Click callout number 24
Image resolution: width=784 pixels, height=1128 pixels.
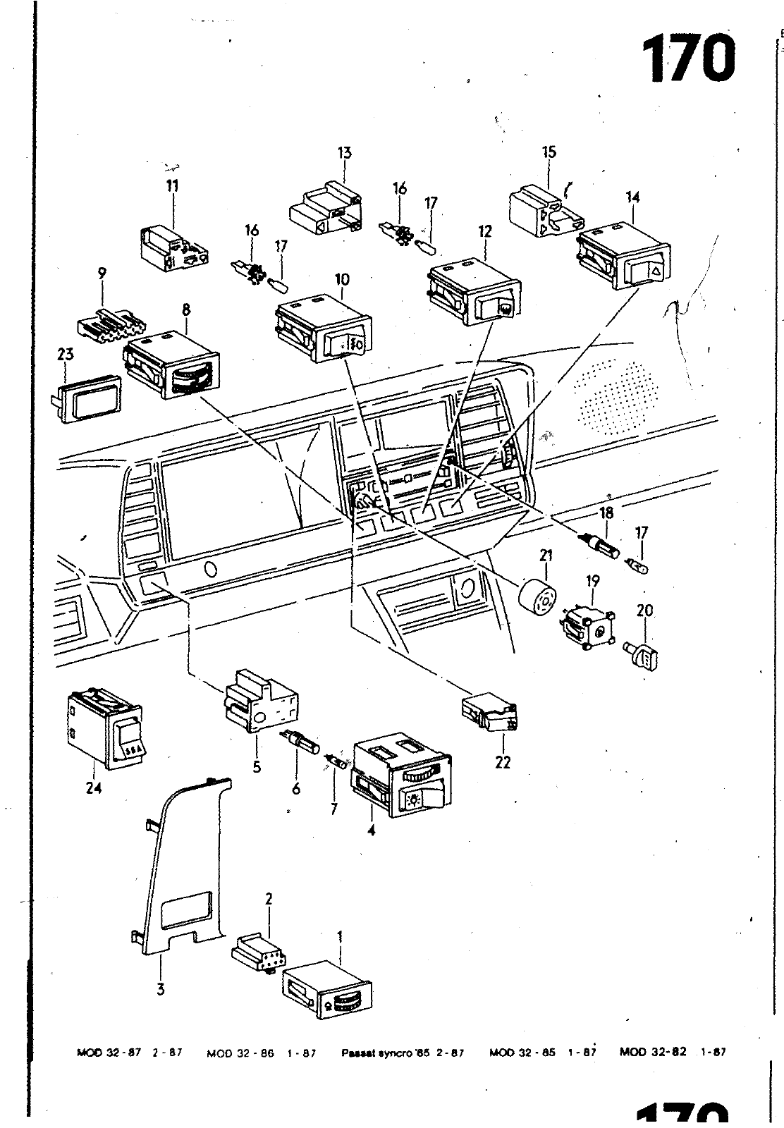[94, 787]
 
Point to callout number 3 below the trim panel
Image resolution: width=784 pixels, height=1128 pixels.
[161, 989]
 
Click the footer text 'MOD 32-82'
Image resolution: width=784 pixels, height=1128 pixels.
[652, 1053]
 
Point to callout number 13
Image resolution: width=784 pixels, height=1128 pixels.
[345, 153]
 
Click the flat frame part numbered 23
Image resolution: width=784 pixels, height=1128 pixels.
[87, 399]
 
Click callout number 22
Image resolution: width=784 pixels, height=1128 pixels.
[503, 762]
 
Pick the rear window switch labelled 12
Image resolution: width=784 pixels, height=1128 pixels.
[473, 294]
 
